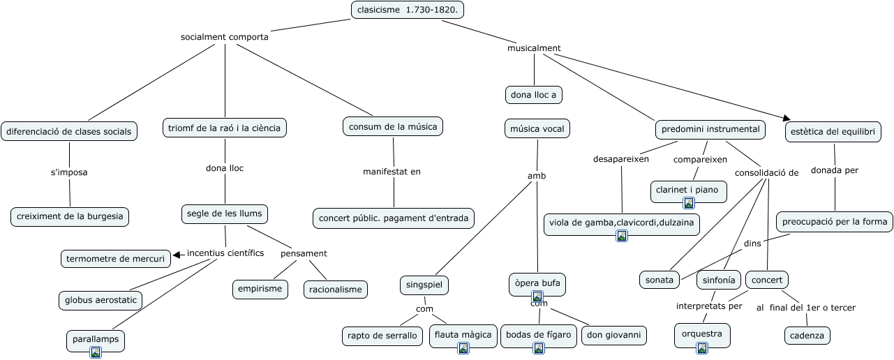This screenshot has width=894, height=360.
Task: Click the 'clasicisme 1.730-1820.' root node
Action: [x=407, y=10]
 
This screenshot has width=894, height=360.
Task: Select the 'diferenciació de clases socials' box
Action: [x=69, y=131]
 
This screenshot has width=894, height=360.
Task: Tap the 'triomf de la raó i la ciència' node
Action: [x=224, y=128]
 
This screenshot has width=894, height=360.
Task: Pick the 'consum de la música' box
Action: [x=393, y=126]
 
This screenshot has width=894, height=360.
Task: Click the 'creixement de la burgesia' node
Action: [x=70, y=216]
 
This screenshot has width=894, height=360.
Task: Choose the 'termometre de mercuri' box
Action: [x=115, y=259]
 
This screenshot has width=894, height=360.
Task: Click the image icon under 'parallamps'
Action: [x=96, y=352]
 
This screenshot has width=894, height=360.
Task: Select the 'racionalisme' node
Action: [x=335, y=290]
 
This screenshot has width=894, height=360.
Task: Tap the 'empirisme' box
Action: [x=260, y=289]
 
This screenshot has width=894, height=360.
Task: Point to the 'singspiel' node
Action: [x=424, y=285]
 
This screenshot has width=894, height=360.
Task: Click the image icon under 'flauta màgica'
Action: [x=463, y=348]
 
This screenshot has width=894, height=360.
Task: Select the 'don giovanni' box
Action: [x=614, y=335]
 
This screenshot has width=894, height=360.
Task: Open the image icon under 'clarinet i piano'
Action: [x=689, y=203]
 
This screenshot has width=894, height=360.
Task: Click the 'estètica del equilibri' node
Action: [x=833, y=132]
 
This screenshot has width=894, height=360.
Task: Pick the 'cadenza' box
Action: [x=807, y=336]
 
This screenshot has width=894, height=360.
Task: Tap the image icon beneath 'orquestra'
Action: [x=702, y=348]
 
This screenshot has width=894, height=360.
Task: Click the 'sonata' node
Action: [x=660, y=280]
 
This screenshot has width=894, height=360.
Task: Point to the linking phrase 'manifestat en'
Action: [x=392, y=172]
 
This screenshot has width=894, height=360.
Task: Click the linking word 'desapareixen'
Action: [x=621, y=159]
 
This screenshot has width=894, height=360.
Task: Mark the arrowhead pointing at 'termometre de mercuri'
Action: [x=177, y=255]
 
